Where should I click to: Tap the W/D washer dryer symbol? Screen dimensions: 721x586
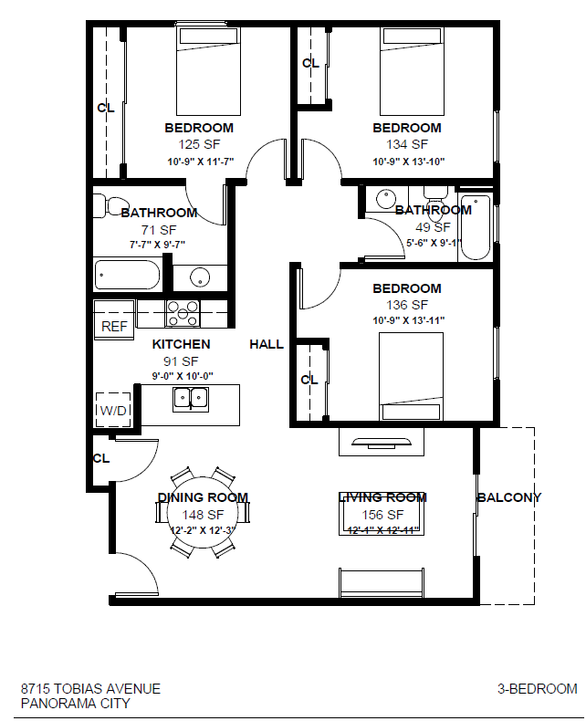(114, 410)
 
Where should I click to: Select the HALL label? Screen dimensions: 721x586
(267, 344)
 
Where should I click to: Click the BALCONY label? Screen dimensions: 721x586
(508, 497)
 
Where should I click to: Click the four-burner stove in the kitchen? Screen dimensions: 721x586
(183, 313)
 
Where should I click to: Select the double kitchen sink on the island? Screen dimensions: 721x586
(192, 397)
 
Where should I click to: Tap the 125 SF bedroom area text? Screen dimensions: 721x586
(199, 144)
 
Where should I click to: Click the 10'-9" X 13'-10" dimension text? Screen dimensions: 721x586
(408, 162)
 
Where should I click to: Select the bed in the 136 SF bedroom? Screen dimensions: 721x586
(411, 374)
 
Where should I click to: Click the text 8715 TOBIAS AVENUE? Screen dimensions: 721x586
(90, 688)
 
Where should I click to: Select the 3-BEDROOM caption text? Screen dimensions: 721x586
(537, 688)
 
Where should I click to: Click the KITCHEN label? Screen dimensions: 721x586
(181, 344)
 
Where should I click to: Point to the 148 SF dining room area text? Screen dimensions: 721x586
(203, 515)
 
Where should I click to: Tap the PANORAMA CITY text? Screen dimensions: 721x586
(75, 703)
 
